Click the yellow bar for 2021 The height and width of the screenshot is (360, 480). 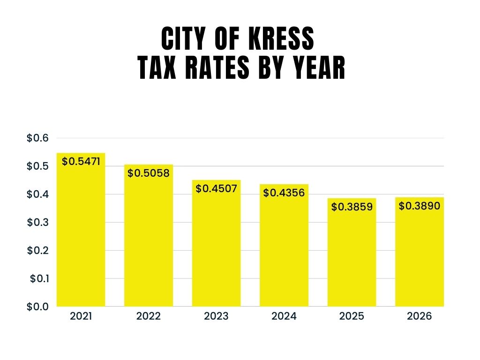point(81,234)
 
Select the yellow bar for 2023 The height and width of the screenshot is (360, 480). point(216,248)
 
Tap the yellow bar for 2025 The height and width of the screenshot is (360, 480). point(352,258)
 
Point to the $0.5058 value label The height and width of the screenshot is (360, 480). point(148,173)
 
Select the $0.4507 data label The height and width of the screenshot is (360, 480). point(217,188)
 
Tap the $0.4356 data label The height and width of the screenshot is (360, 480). point(284,193)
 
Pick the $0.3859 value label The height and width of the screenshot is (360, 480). point(352,206)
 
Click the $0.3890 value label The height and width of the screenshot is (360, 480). point(420,205)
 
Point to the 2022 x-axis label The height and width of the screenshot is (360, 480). point(149,316)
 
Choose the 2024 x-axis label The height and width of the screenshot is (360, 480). point(284,316)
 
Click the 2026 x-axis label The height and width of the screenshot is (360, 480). point(420,316)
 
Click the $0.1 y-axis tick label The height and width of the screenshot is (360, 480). point(39,278)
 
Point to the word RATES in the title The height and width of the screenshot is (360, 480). point(210,69)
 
